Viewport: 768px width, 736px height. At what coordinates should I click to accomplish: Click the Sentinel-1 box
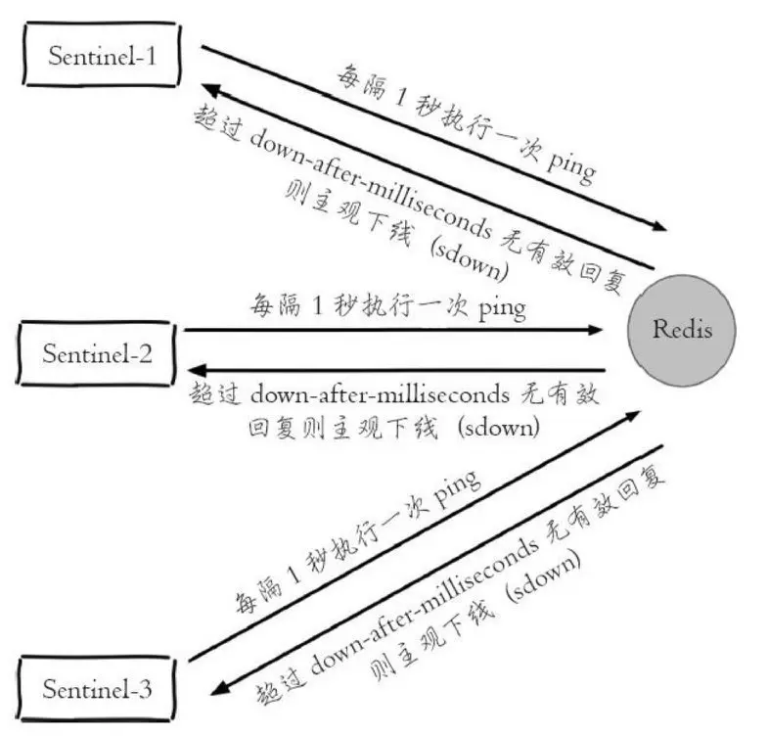click(104, 55)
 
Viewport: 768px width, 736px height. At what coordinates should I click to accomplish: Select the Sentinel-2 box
click(97, 352)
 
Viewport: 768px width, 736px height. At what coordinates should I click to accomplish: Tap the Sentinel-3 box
click(98, 687)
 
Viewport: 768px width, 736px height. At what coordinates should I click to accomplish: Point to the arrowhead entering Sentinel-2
click(194, 370)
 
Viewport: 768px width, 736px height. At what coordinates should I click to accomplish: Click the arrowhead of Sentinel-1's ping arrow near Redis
click(660, 227)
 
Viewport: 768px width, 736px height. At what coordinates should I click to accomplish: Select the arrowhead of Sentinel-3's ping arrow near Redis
click(637, 415)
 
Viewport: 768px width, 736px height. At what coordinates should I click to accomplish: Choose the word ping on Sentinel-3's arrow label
click(452, 492)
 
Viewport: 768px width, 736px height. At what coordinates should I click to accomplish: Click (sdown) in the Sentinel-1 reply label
click(473, 256)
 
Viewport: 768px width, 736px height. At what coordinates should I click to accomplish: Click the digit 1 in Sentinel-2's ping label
click(317, 307)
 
